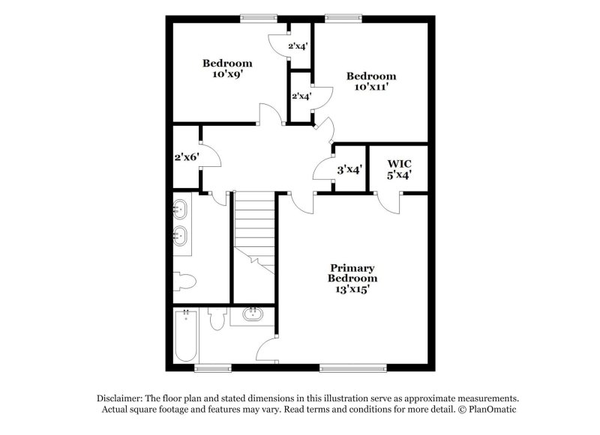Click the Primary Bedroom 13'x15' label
coord(352,278)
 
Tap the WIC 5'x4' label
coord(399,169)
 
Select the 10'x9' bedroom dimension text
coord(226,74)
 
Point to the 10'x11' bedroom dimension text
coord(370,87)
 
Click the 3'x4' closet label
coord(349,170)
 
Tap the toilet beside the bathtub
coord(217,320)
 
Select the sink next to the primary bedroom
coord(253,314)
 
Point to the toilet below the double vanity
coord(185,282)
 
